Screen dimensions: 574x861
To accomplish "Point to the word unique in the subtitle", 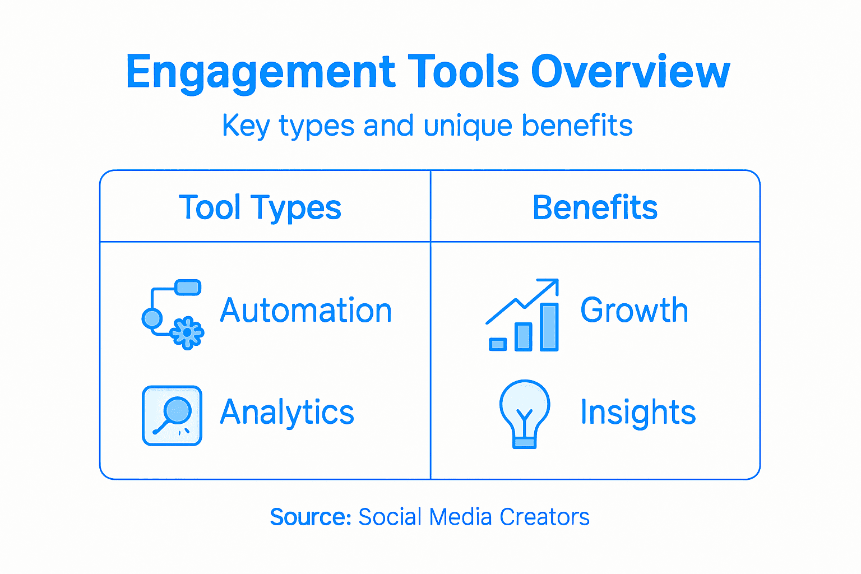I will pyautogui.click(x=467, y=126).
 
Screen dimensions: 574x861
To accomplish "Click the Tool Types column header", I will pyautogui.click(x=260, y=208).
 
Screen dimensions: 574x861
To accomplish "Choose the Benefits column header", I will pyautogui.click(x=595, y=207).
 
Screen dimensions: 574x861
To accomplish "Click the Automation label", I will pyautogui.click(x=306, y=311).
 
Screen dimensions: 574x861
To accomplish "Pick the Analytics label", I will pyautogui.click(x=287, y=413).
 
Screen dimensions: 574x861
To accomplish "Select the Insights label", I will pyautogui.click(x=638, y=413).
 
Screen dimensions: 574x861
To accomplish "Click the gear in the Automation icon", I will pyautogui.click(x=187, y=333).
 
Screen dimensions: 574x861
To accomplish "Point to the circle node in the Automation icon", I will pyautogui.click(x=152, y=318).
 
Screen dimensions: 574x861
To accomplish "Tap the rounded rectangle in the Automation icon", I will pyautogui.click(x=188, y=288).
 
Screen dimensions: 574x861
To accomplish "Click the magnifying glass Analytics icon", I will pyautogui.click(x=172, y=415).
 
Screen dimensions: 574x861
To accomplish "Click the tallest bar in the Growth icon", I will pyautogui.click(x=549, y=327).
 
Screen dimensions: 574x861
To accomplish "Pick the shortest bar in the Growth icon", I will pyautogui.click(x=498, y=344).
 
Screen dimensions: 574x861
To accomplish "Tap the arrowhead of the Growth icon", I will pyautogui.click(x=552, y=284).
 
